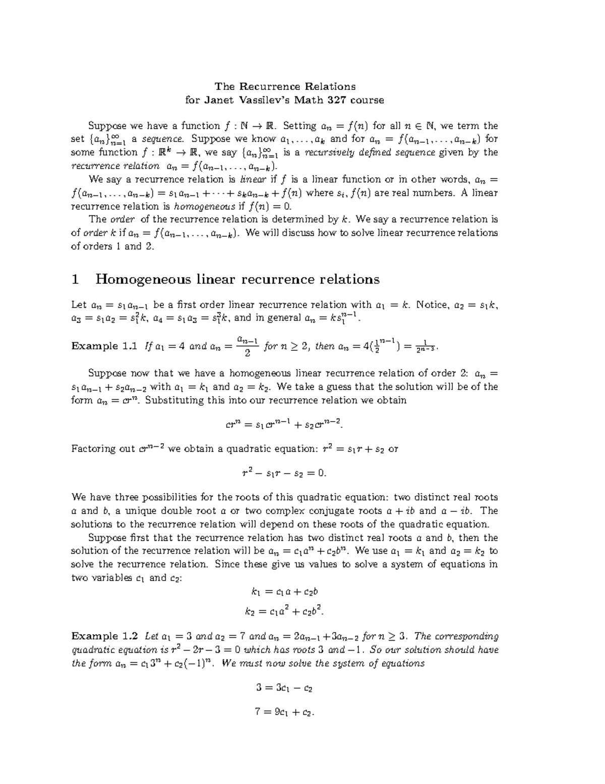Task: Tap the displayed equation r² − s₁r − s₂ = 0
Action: pyautogui.click(x=284, y=474)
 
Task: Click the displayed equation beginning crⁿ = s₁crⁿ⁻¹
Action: pyautogui.click(x=284, y=425)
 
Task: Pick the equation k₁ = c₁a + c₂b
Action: pyautogui.click(x=284, y=592)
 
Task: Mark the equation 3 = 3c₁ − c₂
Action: pyautogui.click(x=284, y=688)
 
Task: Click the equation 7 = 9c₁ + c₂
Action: pyautogui.click(x=284, y=713)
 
